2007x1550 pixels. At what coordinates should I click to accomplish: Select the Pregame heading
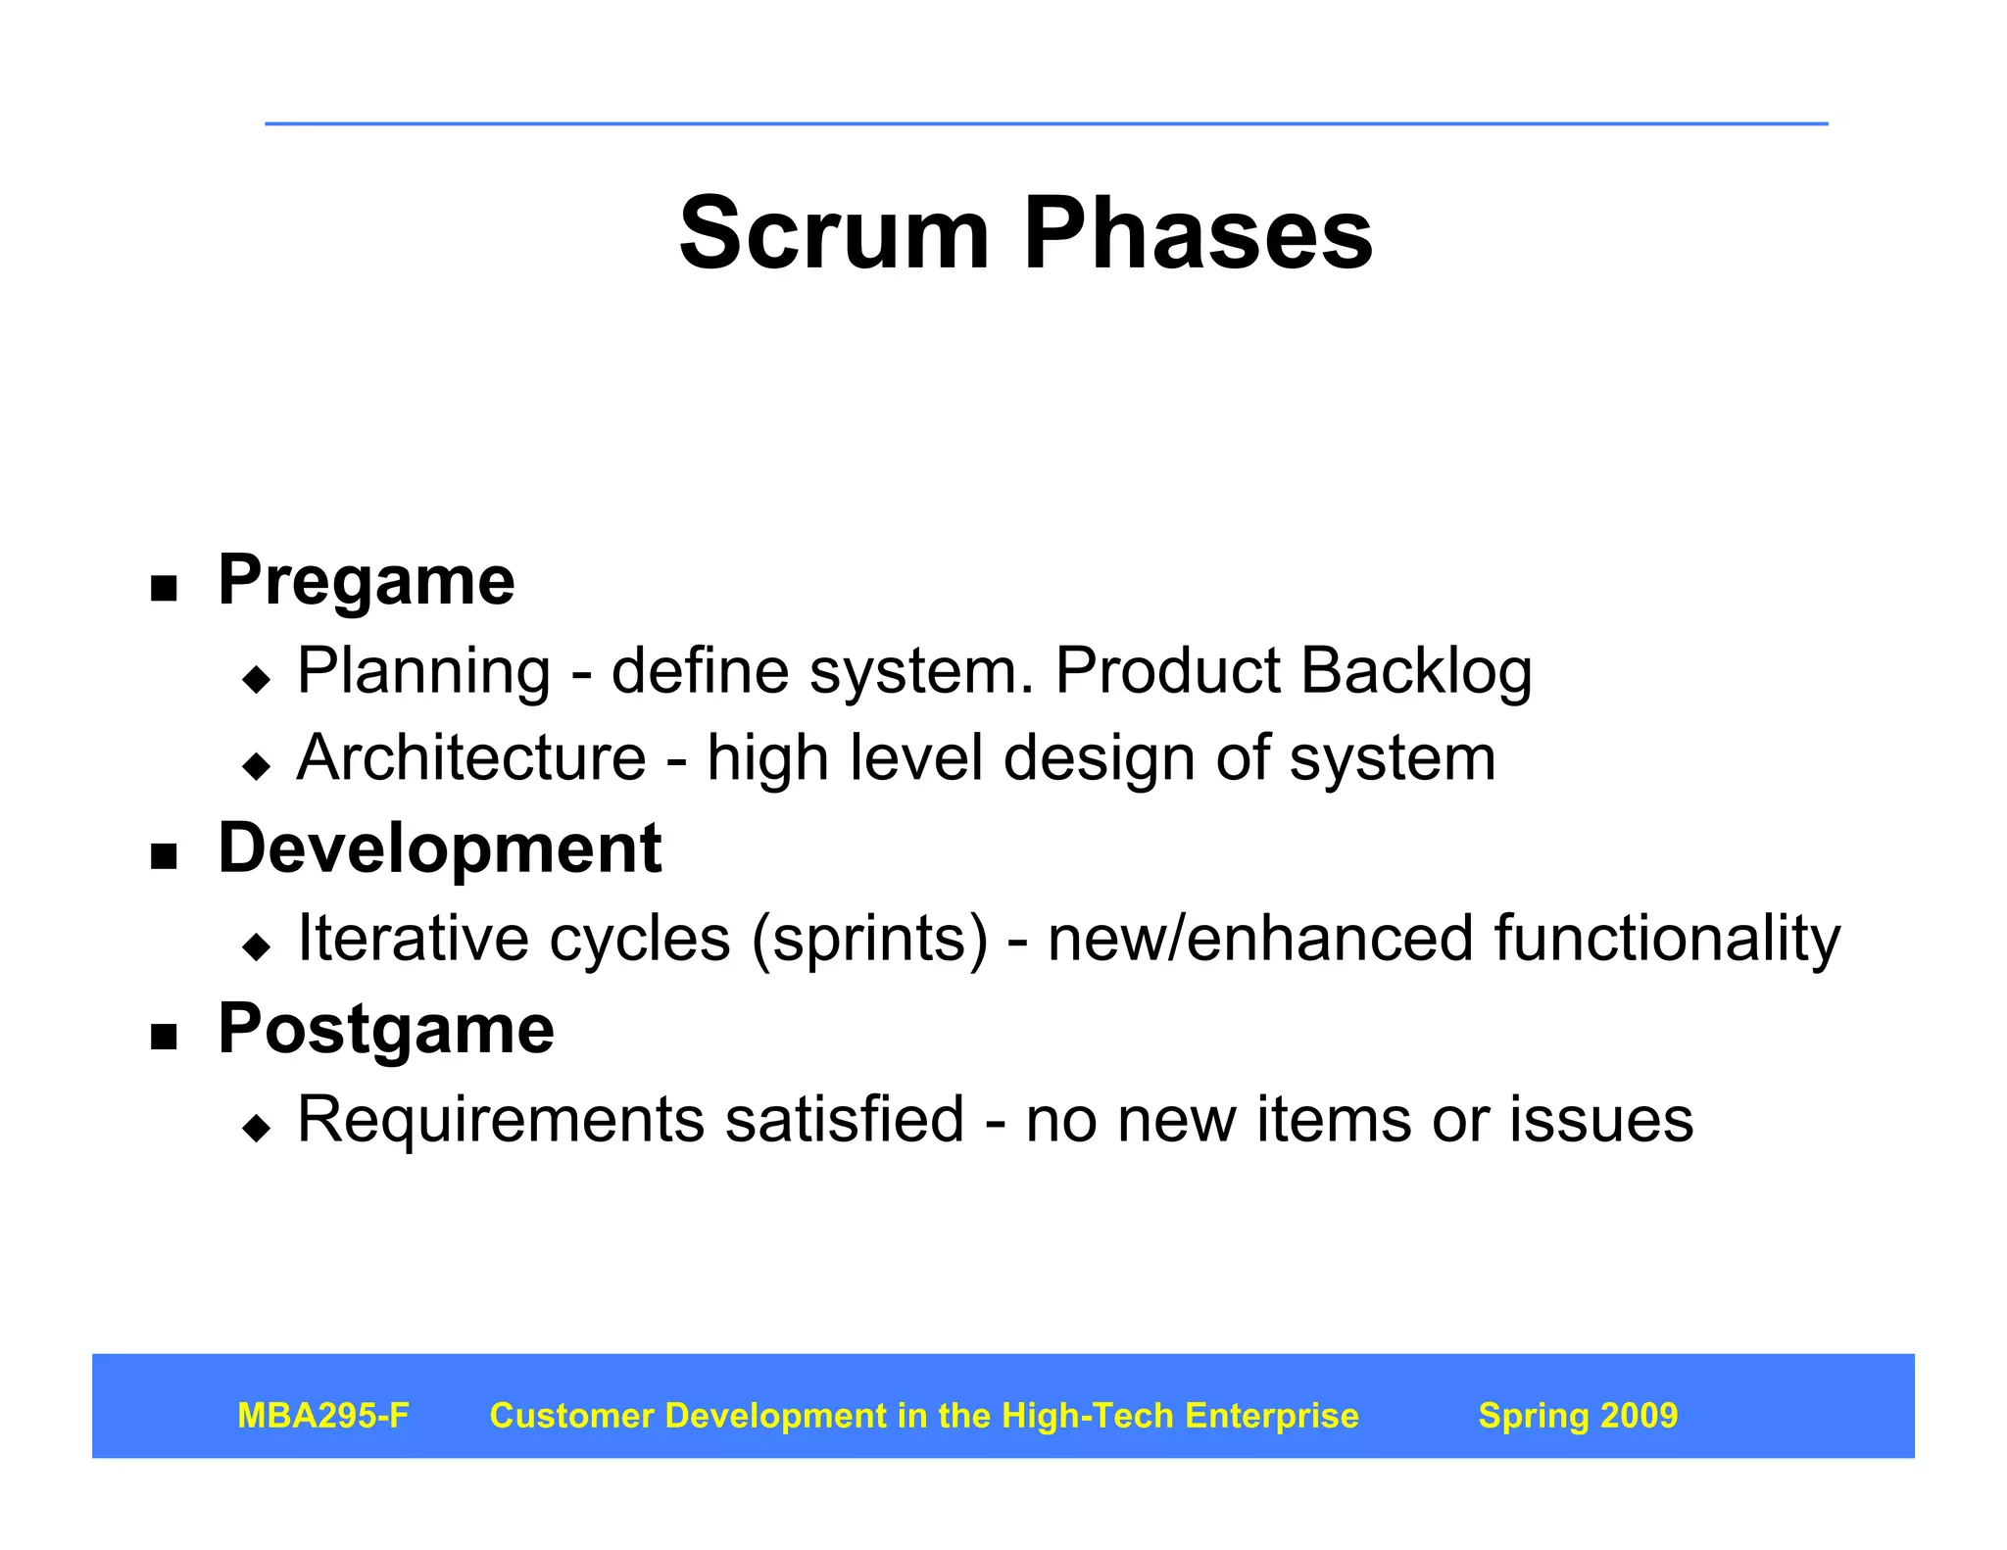pos(366,580)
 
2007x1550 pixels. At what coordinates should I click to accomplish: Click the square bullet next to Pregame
pos(164,589)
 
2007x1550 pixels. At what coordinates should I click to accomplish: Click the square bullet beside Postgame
pos(164,1038)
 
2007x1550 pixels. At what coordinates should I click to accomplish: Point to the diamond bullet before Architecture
pos(257,765)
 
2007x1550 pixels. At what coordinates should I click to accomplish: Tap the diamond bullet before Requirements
pos(257,1128)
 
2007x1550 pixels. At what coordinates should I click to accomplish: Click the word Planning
pos(423,672)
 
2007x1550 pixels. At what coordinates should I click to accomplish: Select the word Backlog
pos(1416,672)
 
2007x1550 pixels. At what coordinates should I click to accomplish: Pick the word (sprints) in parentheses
pos(870,939)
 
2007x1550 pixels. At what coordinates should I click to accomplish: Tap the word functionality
pos(1667,939)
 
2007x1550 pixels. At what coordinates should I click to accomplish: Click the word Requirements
pos(501,1119)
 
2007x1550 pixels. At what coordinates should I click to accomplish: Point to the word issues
pos(1601,1119)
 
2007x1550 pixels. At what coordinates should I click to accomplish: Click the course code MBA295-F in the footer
pos(323,1416)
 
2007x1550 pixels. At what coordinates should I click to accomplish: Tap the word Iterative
pos(414,939)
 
